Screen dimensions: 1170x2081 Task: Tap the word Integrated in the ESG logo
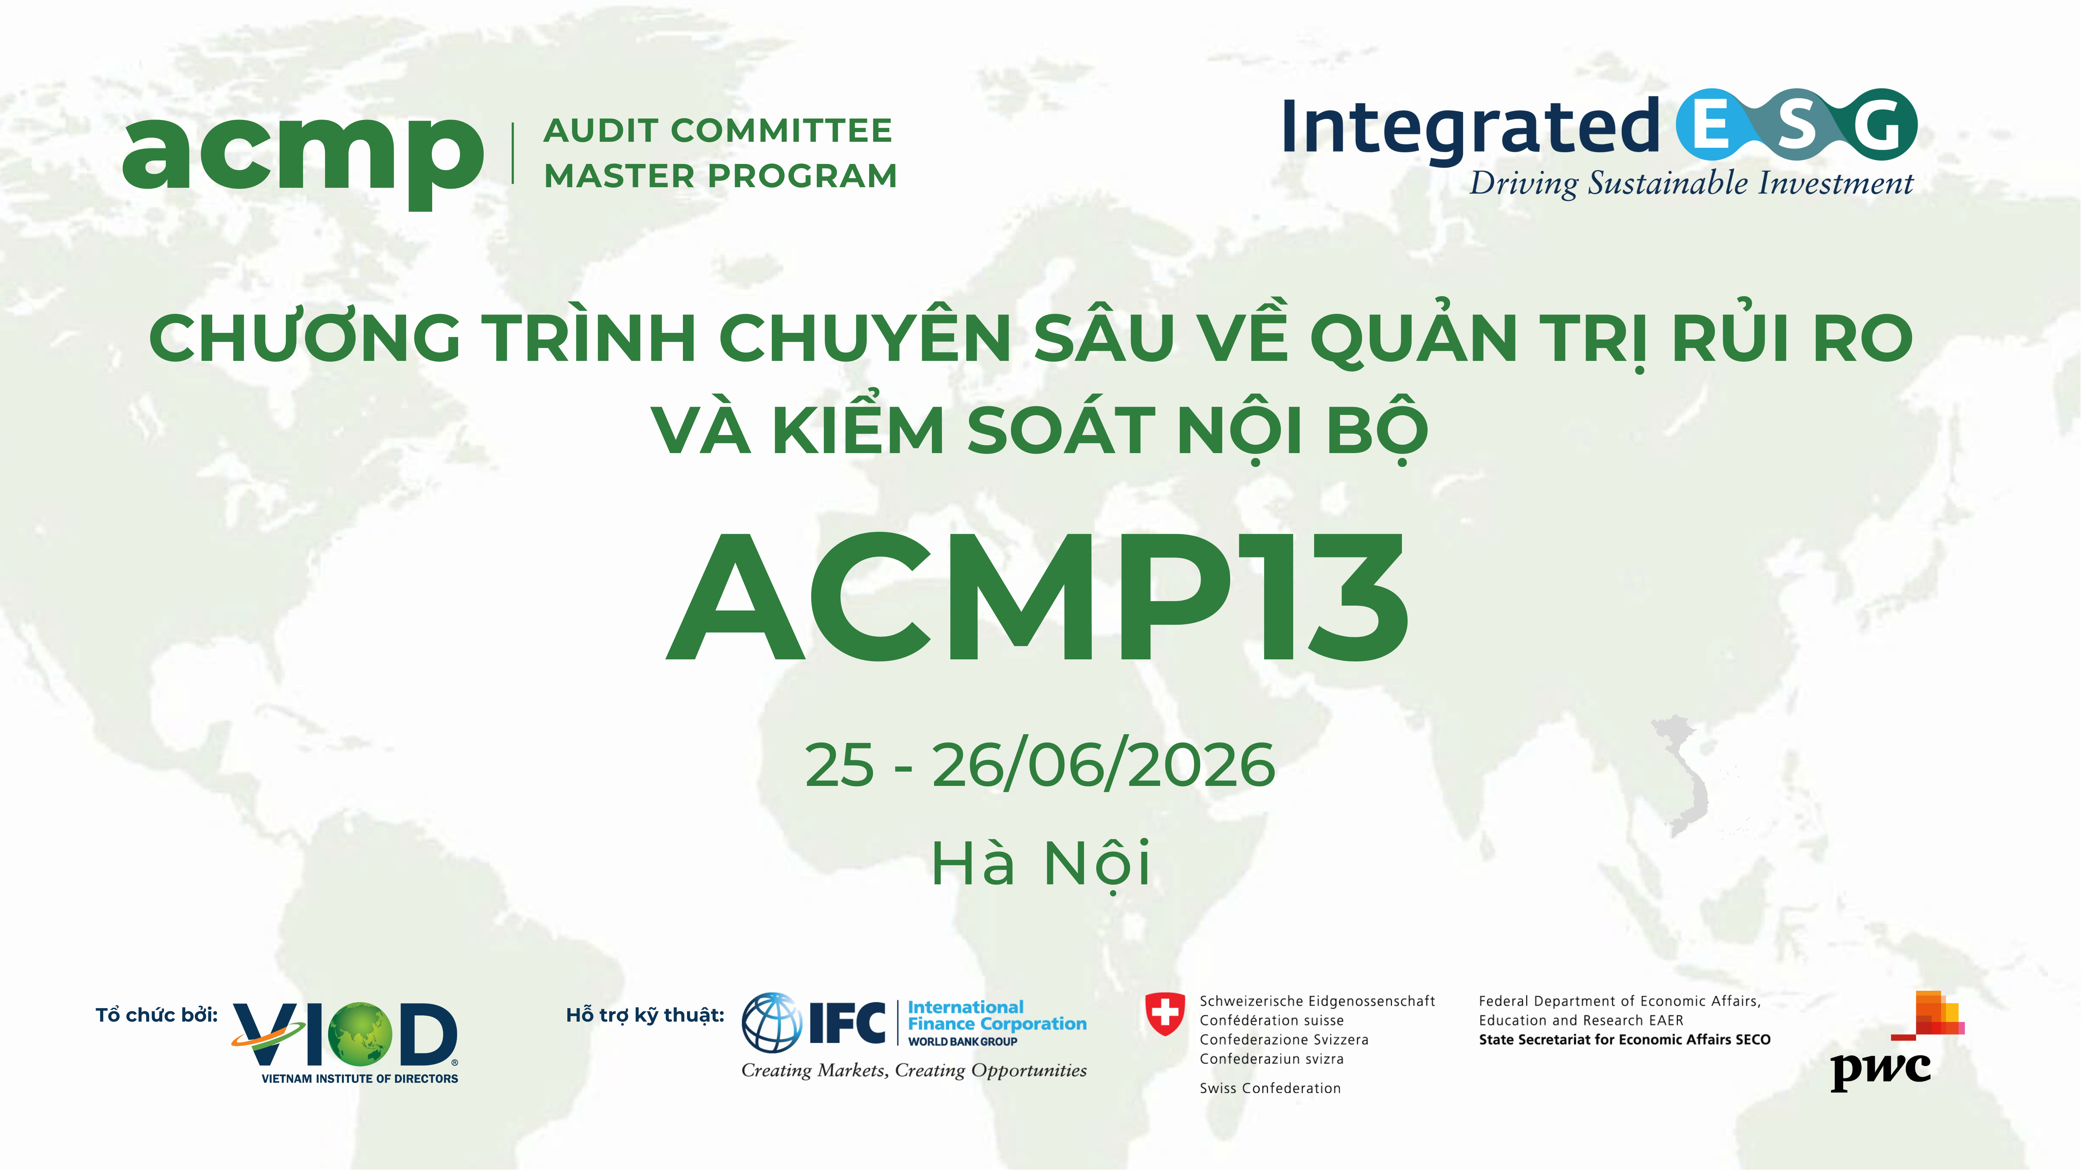pos(1470,128)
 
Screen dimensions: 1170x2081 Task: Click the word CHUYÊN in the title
pos(864,338)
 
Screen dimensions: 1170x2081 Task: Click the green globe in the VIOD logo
pos(360,1033)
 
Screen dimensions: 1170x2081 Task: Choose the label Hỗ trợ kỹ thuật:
pos(645,1015)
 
